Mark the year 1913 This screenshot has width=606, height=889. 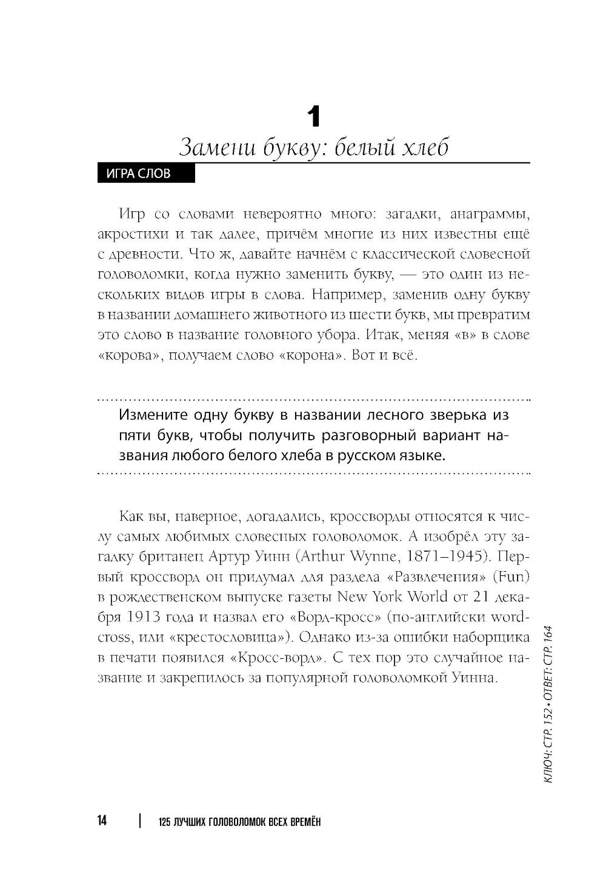coord(147,617)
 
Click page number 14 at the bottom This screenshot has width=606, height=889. coord(101,821)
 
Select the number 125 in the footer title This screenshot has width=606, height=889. coord(163,822)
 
